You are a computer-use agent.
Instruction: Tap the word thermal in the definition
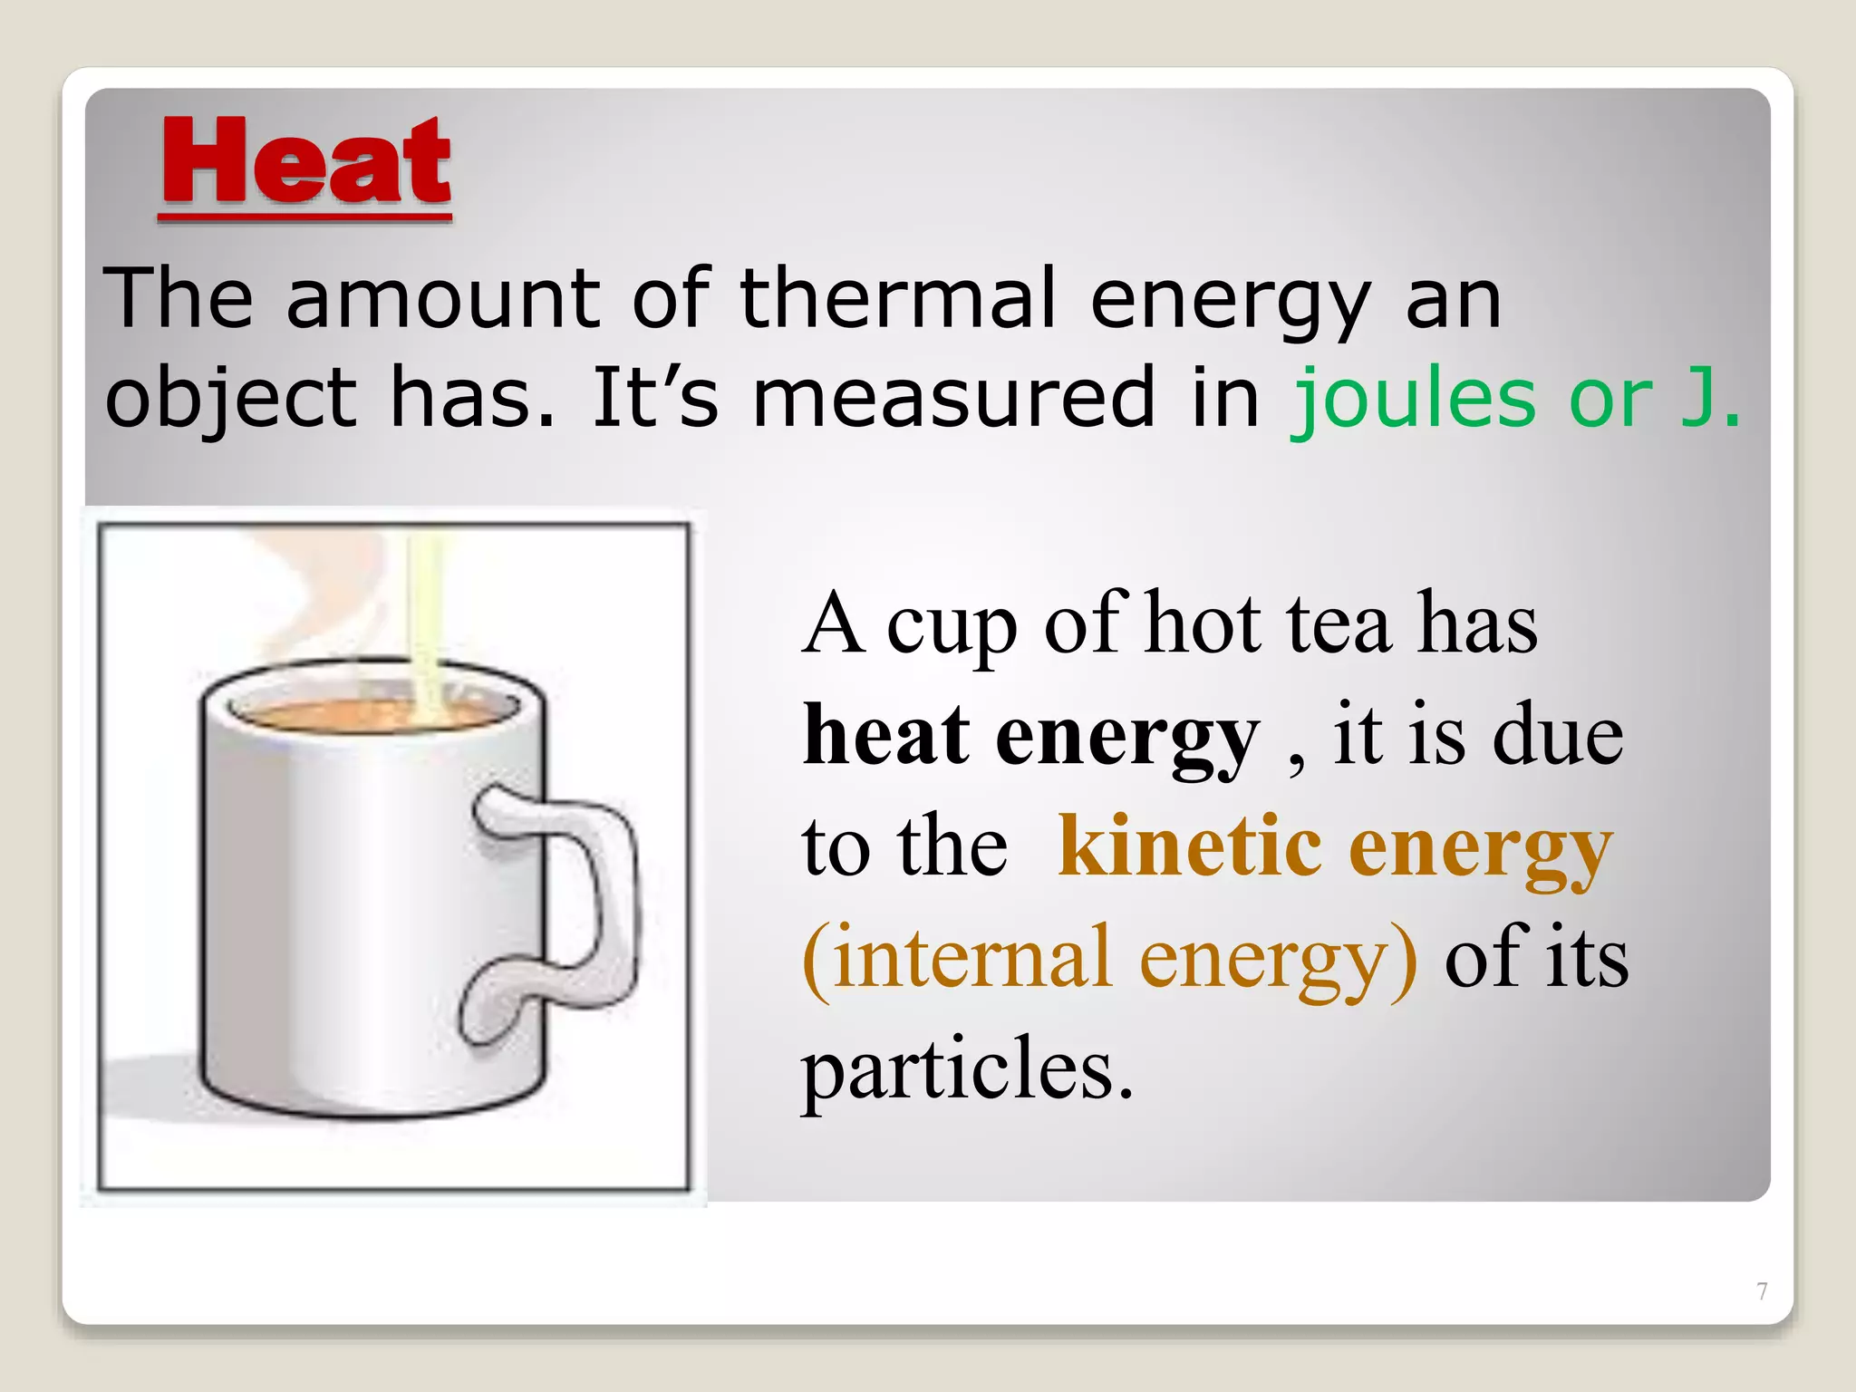898,298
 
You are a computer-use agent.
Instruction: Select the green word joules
1414,399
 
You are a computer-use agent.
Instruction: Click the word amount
443,298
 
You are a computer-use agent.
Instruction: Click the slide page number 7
1762,1291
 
